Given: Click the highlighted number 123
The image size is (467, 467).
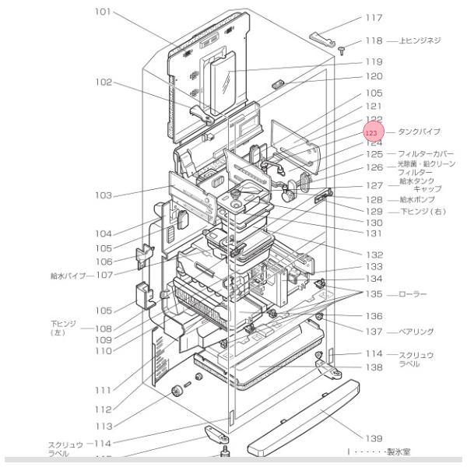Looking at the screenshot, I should point(372,134).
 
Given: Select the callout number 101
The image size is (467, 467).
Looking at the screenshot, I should point(104,12).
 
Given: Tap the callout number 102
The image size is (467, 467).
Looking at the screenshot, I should point(104,82).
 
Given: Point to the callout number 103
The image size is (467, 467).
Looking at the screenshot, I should point(104,195).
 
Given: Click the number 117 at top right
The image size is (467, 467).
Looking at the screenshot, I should point(374,17).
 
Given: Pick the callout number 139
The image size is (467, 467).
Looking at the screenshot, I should point(374,437).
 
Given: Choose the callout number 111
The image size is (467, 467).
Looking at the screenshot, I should point(104,389).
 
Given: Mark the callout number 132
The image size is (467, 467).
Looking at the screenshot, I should point(374,255).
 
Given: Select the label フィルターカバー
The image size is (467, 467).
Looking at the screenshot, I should point(427,154).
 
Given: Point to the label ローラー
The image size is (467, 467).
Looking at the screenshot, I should point(413,295).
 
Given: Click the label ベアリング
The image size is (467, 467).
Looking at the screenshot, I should point(416,331).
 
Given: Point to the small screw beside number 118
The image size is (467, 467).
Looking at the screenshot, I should point(342,51).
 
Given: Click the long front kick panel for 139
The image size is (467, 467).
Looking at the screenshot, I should point(304,417).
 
